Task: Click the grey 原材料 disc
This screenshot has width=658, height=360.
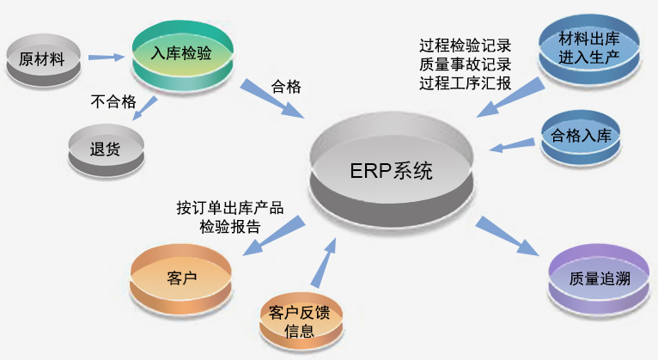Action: (43, 60)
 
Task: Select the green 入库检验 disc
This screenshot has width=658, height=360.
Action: (183, 56)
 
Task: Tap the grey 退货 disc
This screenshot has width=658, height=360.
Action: (107, 149)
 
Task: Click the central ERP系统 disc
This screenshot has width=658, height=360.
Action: (392, 169)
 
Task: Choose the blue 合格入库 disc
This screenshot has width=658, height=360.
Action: (581, 137)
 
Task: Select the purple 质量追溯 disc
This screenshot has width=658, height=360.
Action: (600, 279)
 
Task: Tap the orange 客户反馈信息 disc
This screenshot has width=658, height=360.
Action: (300, 321)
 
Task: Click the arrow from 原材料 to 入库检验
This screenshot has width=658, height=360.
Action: (107, 57)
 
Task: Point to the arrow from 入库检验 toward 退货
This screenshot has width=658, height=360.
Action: (145, 108)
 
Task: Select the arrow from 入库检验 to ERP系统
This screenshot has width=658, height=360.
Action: (272, 98)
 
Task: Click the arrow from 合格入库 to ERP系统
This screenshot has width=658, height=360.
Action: (512, 145)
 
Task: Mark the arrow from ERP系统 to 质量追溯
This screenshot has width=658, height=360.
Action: (507, 235)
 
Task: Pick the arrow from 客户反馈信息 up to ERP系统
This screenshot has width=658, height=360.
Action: (324, 263)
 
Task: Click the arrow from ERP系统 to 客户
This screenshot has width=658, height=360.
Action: (274, 235)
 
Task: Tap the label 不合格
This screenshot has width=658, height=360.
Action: (113, 101)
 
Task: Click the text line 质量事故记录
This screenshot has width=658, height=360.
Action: (465, 64)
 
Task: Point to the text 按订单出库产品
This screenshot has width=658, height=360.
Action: (229, 208)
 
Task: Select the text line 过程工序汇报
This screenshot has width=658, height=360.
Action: (465, 83)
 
